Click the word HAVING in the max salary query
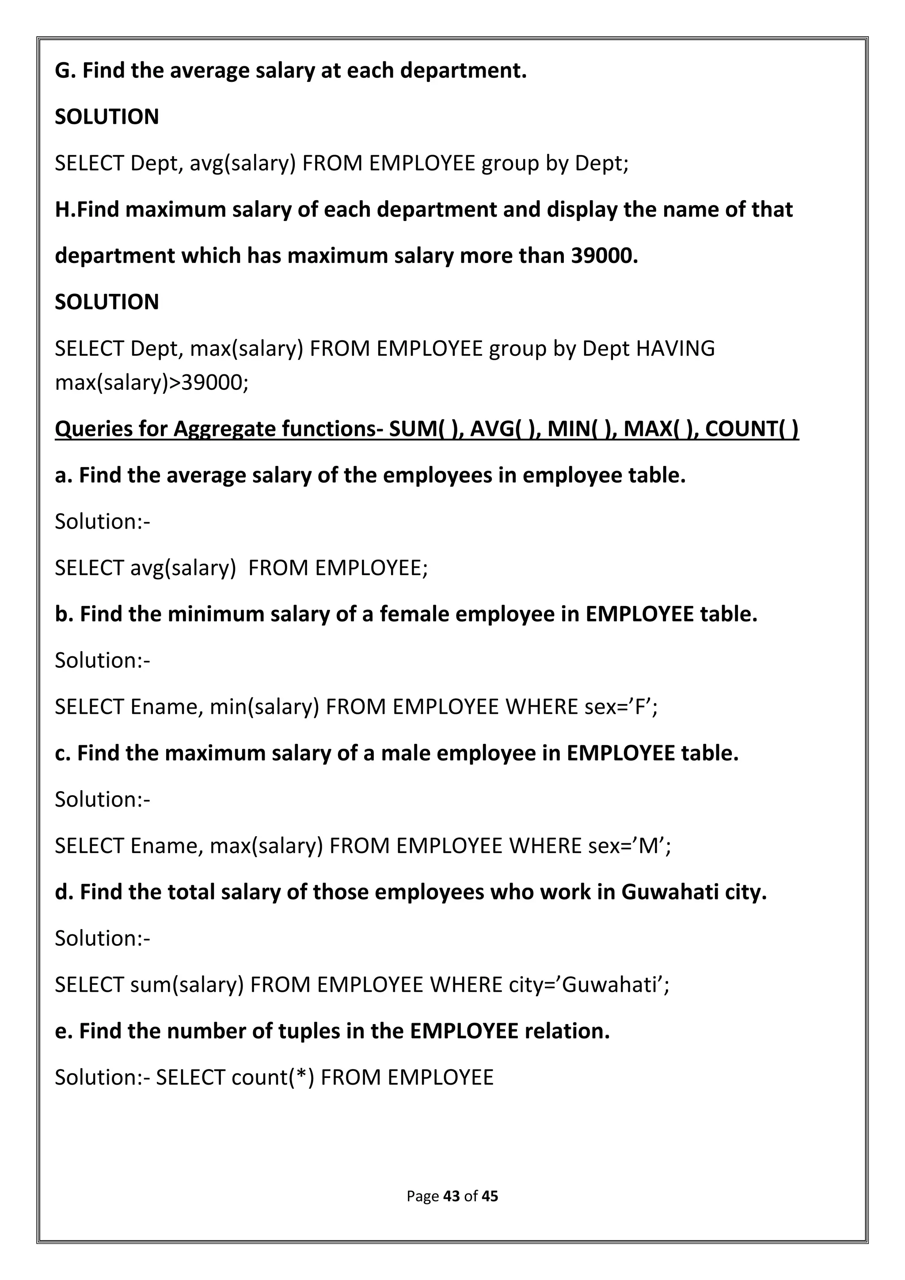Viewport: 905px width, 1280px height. [675, 348]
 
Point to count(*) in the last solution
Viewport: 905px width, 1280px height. [273, 1078]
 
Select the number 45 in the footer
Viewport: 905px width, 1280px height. [490, 1196]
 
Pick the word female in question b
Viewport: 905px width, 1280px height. [414, 614]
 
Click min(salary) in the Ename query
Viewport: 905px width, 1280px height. [264, 707]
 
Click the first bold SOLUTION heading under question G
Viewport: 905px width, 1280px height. [106, 117]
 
